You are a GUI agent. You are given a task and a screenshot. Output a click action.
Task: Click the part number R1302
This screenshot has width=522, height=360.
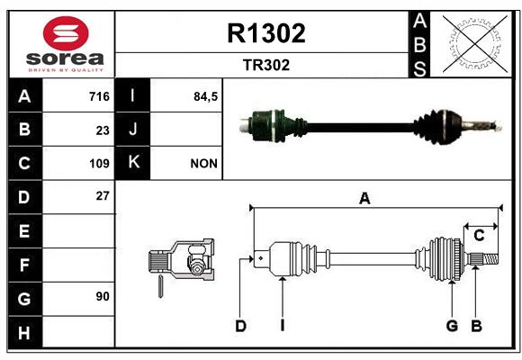pyautogui.click(x=266, y=33)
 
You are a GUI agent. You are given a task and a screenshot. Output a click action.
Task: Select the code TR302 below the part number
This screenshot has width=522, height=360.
pyautogui.click(x=266, y=65)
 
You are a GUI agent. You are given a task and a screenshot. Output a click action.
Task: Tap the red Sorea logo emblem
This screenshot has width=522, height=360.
pyautogui.click(x=66, y=33)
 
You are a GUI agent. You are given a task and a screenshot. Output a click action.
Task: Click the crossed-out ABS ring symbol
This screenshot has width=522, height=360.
pyautogui.click(x=475, y=44)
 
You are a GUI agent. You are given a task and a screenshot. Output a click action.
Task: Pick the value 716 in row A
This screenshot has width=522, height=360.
pyautogui.click(x=99, y=96)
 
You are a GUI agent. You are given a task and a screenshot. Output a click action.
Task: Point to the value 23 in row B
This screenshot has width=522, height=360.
pyautogui.click(x=103, y=130)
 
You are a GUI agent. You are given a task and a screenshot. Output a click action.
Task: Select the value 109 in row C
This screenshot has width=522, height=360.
pyautogui.click(x=99, y=164)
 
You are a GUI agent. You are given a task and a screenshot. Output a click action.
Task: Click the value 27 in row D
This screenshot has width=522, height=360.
pyautogui.click(x=103, y=196)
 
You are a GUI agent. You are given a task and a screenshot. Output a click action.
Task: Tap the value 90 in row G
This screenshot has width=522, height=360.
pyautogui.click(x=103, y=296)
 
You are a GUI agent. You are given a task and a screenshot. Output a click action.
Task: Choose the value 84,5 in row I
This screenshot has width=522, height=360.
pyautogui.click(x=205, y=96)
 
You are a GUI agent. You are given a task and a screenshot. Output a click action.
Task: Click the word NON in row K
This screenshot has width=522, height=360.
pyautogui.click(x=203, y=164)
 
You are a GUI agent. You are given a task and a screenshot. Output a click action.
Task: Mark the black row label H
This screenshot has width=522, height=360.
pyautogui.click(x=25, y=332)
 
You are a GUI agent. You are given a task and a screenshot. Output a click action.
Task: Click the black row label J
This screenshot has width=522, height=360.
pyautogui.click(x=132, y=129)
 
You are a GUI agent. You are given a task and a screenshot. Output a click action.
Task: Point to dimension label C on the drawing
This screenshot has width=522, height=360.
pyautogui.click(x=479, y=236)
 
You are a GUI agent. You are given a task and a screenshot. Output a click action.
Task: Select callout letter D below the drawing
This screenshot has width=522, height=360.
pyautogui.click(x=240, y=326)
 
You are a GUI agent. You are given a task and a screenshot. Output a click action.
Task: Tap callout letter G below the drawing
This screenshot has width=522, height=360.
pyautogui.click(x=452, y=326)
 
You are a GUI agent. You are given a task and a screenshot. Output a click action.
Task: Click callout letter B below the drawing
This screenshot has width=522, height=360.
pyautogui.click(x=476, y=326)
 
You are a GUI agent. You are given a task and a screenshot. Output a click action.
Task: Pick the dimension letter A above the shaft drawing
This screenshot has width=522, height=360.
pyautogui.click(x=364, y=199)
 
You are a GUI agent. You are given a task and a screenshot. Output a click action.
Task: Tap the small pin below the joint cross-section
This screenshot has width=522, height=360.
pyautogui.click(x=160, y=286)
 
